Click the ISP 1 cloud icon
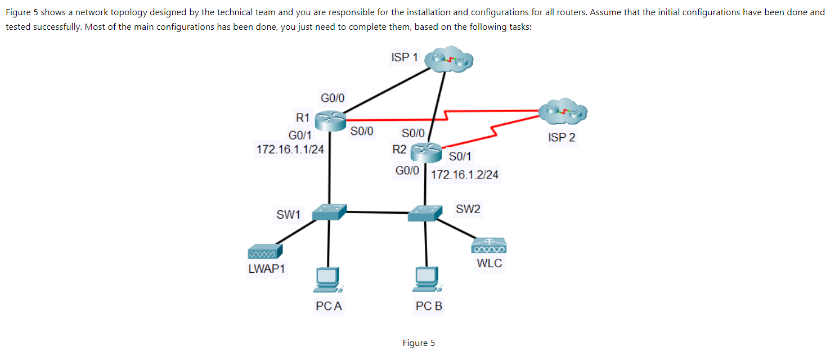[449, 59]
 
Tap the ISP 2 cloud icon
[563, 111]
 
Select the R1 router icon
[330, 121]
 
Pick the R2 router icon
[426, 153]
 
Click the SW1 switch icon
[329, 212]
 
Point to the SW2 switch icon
[425, 213]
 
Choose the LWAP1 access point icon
[265, 251]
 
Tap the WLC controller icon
[489, 246]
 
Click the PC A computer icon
[328, 280]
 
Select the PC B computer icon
[428, 279]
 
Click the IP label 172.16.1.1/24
[290, 150]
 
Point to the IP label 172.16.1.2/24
[464, 174]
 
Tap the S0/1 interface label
[460, 156]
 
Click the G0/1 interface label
[300, 135]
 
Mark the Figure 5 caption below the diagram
[419, 343]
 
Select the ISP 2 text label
[562, 137]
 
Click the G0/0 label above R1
[333, 98]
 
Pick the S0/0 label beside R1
[362, 131]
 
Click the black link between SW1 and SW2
[378, 213]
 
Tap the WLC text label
[489, 263]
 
